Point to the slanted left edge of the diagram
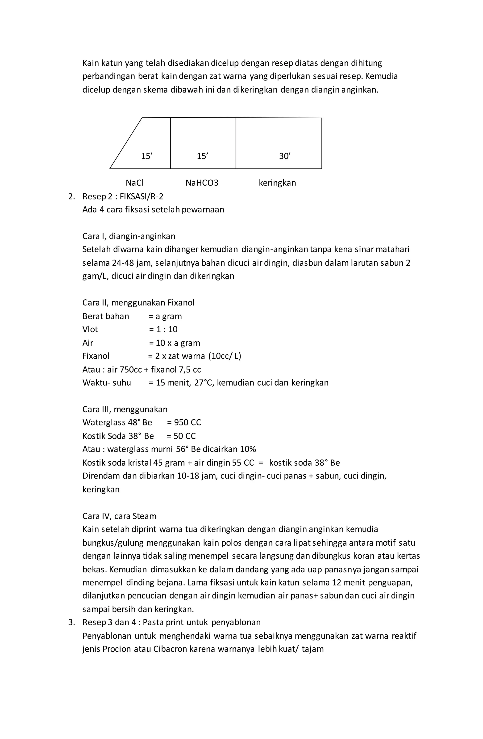coord(126,143)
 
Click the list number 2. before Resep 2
coord(71,196)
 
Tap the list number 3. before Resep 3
coord(71,622)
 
